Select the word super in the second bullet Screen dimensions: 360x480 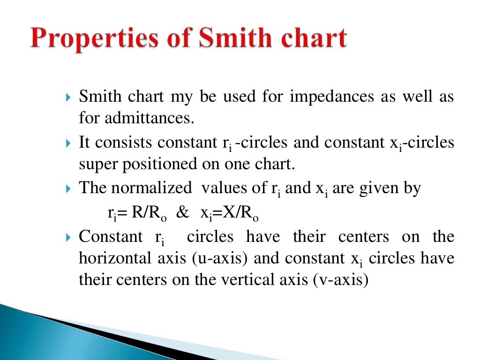tap(97, 165)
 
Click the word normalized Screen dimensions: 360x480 tap(151, 188)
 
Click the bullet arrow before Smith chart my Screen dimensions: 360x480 tap(68, 98)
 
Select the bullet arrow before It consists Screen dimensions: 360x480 tap(68, 143)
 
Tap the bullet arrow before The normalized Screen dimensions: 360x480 tap(68, 189)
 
